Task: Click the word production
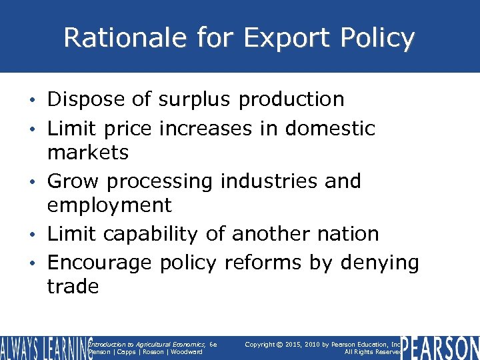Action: tap(291, 100)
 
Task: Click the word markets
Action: tap(87, 153)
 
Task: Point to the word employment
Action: tap(109, 205)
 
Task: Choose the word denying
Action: tap(380, 263)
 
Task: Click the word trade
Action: tap(73, 287)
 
